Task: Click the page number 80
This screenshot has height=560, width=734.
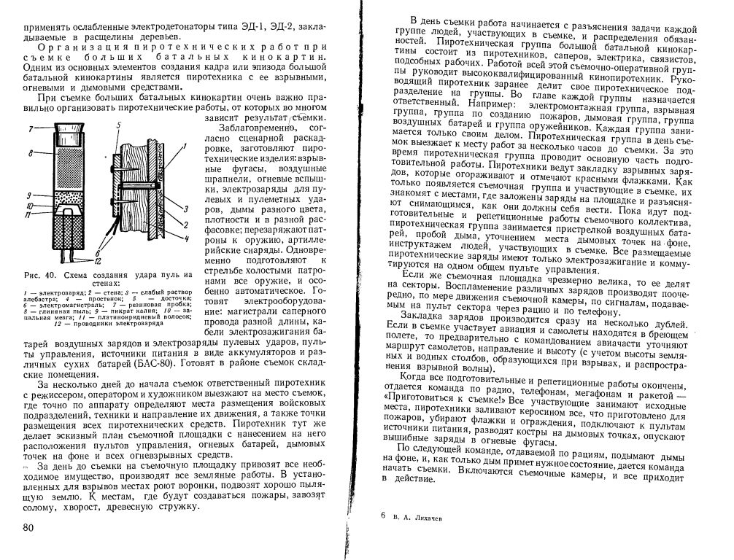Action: point(28,527)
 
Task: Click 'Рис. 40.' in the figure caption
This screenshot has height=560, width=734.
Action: point(39,275)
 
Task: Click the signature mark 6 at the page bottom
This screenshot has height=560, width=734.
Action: point(383,515)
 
